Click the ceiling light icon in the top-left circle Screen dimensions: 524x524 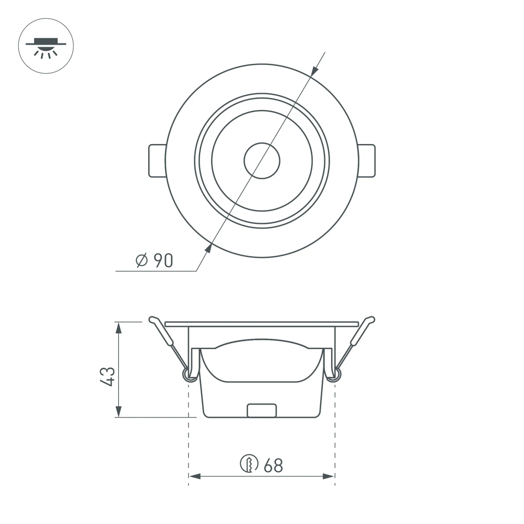pos(46,47)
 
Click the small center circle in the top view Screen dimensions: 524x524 pos(261,160)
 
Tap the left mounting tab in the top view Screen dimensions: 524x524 pos(156,160)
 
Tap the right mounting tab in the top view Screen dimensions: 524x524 pos(367,160)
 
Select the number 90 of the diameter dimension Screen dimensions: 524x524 pos(162,260)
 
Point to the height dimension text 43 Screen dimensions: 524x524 pos(107,376)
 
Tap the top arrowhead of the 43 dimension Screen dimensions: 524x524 pos(119,327)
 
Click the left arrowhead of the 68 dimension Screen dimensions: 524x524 pos(193,476)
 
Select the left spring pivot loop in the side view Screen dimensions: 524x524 pos(187,374)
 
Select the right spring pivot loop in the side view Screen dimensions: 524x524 pos(336,374)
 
